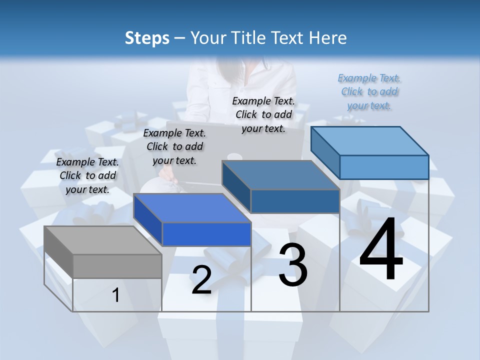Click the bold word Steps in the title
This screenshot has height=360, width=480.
[147, 38]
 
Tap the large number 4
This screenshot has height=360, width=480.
[381, 250]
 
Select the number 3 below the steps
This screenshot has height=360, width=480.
[293, 265]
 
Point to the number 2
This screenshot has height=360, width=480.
[201, 280]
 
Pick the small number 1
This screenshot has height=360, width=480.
[116, 295]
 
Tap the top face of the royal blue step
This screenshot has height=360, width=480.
[192, 208]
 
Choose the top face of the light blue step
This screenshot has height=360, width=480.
[370, 141]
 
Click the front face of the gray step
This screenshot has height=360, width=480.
[117, 266]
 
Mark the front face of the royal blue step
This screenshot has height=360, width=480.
[206, 234]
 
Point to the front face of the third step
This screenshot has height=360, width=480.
[295, 201]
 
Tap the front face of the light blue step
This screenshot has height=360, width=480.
[384, 167]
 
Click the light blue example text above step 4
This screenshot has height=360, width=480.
[369, 92]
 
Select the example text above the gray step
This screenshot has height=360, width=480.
[88, 175]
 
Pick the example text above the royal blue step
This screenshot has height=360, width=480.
[174, 146]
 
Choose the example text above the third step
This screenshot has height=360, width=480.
[263, 114]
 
